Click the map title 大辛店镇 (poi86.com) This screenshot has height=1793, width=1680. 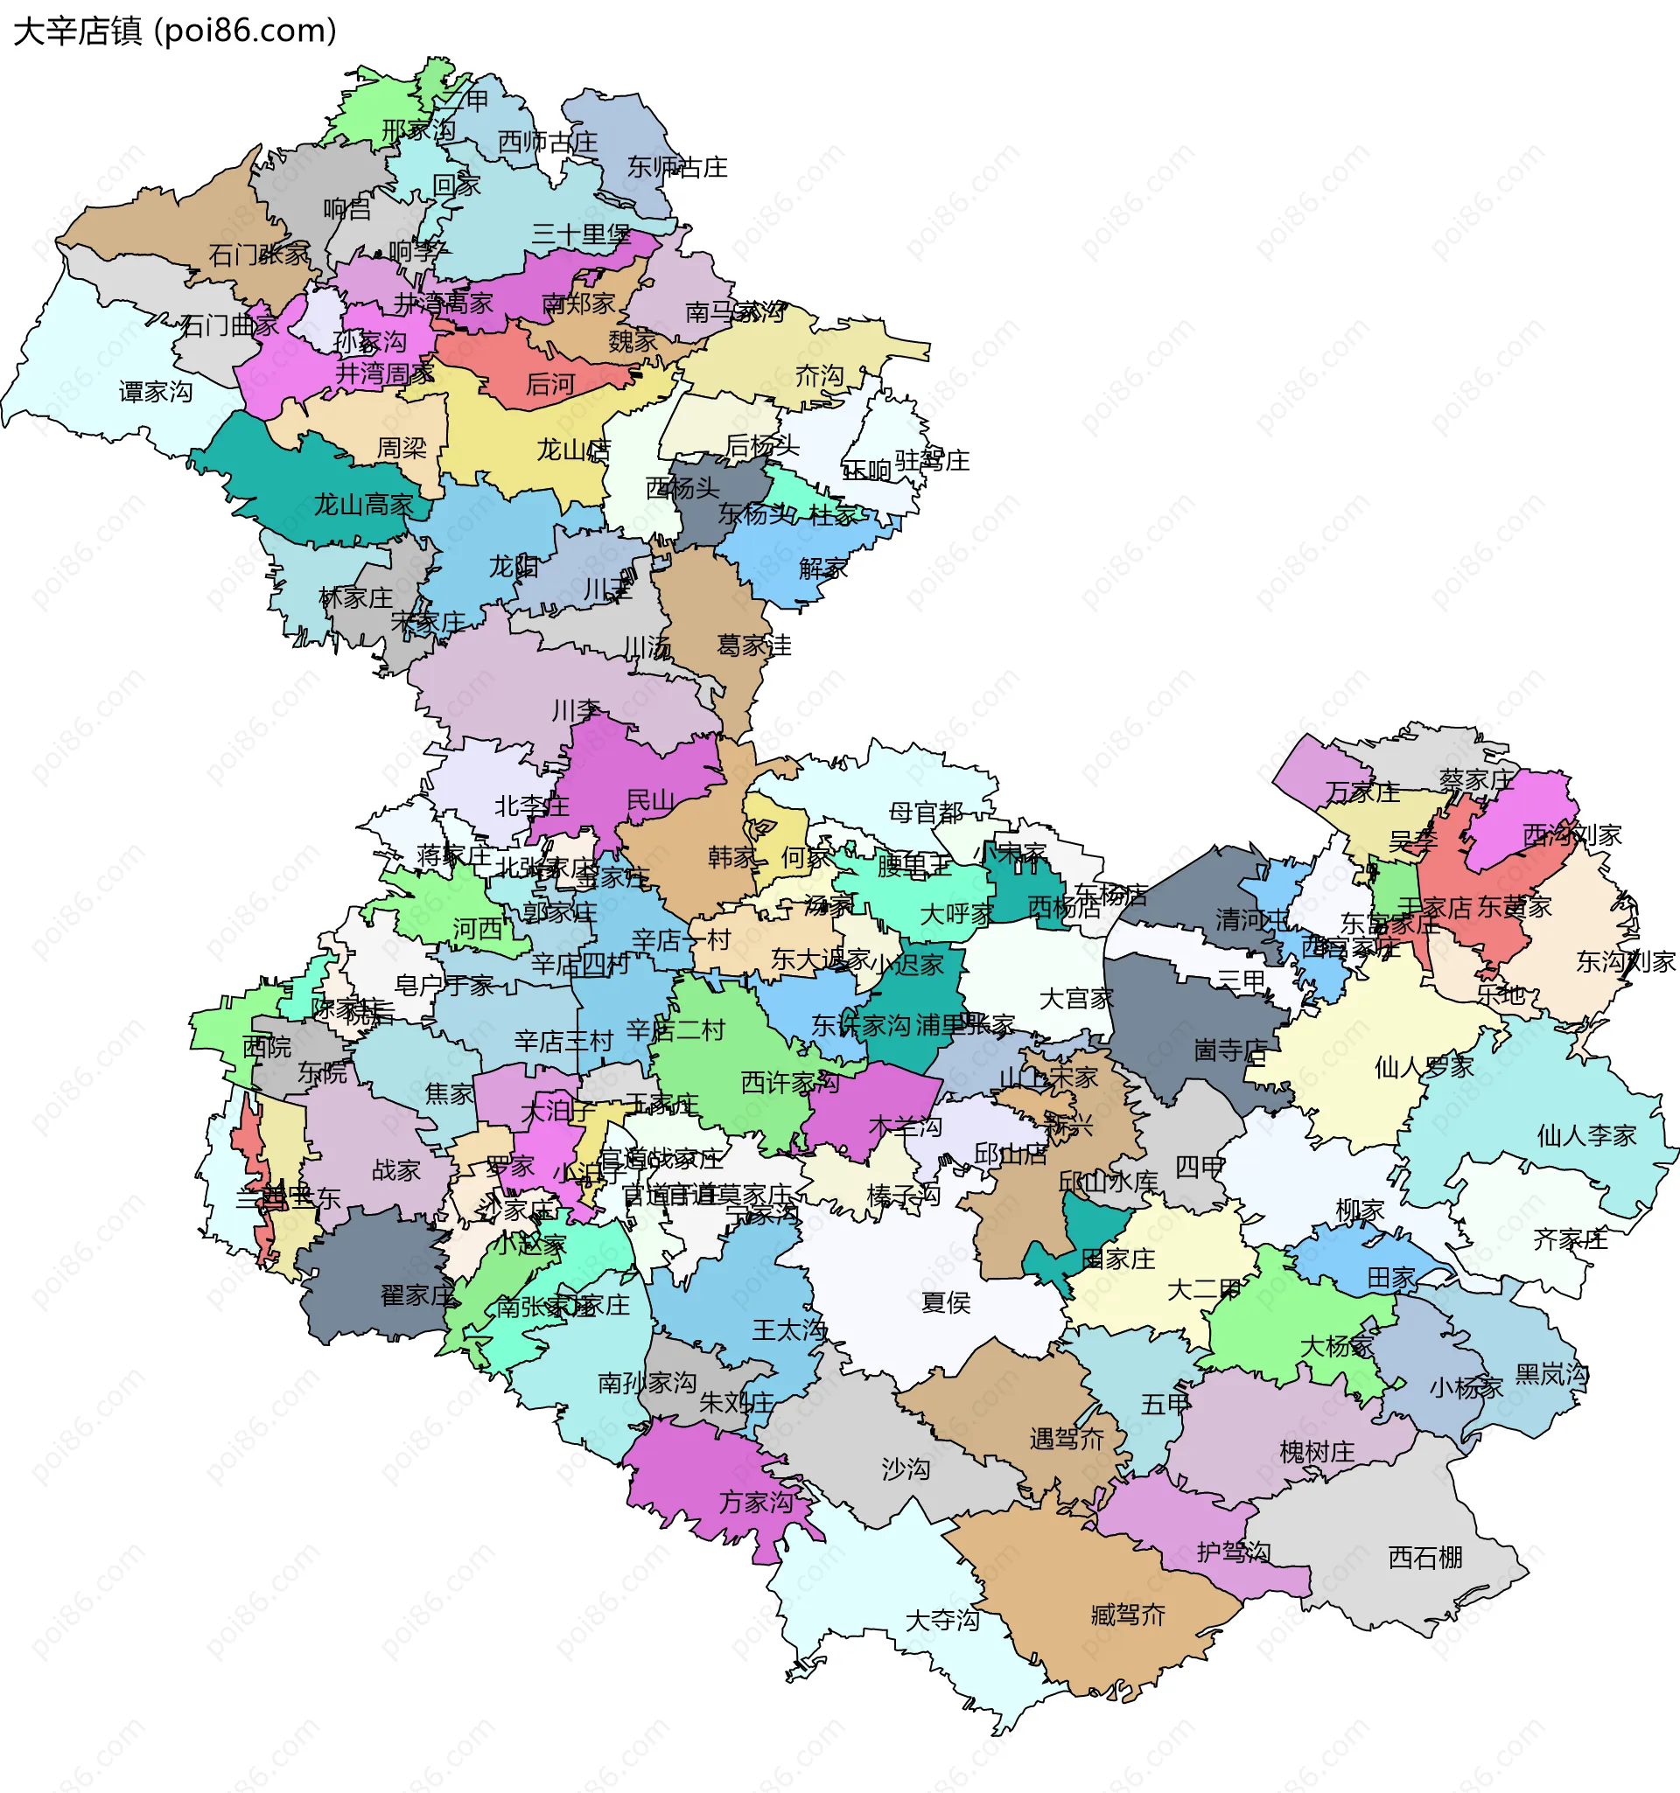tap(175, 31)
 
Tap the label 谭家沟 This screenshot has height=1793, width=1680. tap(155, 392)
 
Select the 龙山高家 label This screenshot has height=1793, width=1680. tap(363, 504)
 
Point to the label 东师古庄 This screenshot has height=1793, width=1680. tap(676, 167)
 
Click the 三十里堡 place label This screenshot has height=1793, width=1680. tap(580, 235)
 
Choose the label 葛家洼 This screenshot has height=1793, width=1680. tap(753, 645)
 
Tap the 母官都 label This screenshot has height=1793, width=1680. tap(926, 813)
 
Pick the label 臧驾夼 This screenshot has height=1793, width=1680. tap(1128, 1615)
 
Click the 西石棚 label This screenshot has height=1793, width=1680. tap(1424, 1558)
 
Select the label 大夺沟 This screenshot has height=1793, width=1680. tap(942, 1621)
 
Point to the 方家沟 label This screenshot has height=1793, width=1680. tap(756, 1502)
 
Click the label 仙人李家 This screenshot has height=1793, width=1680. tap(1586, 1135)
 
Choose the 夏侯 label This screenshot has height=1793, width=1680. tap(946, 1302)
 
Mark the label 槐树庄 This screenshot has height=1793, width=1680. tap(1316, 1452)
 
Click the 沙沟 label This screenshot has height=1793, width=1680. tap(905, 1469)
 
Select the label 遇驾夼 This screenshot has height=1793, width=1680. tap(1067, 1439)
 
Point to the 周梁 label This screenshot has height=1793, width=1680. tap(402, 447)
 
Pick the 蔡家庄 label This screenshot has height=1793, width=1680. tap(1476, 780)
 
